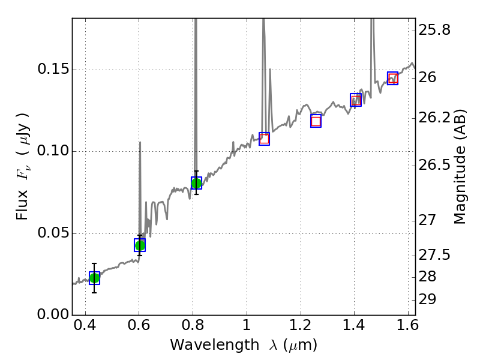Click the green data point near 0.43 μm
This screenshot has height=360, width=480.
94,278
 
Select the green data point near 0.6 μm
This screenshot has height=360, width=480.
140,245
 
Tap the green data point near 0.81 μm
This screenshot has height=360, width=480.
196,183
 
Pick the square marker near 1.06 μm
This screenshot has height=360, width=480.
264,139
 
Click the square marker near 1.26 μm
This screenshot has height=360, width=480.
316,121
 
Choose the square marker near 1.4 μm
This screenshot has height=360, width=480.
356,100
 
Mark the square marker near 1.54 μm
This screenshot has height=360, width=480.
393,78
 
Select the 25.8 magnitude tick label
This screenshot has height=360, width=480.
435,29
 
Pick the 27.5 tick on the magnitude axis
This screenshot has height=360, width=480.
435,256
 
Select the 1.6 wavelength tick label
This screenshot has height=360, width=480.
407,328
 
